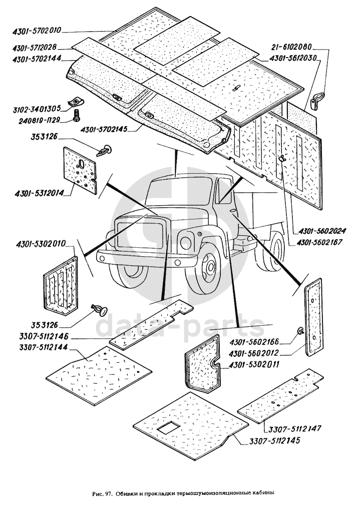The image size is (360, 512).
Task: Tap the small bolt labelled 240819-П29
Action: click(77, 116)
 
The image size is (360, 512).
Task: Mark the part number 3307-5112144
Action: click(44, 347)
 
